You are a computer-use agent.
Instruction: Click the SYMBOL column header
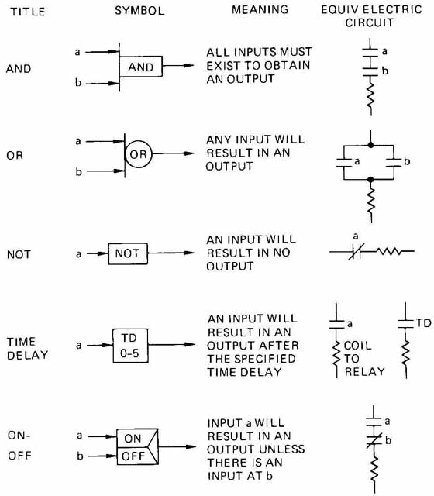click(139, 11)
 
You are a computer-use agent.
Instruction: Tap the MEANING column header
click(260, 9)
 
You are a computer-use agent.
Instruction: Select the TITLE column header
click(28, 12)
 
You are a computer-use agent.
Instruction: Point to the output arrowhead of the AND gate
click(189, 65)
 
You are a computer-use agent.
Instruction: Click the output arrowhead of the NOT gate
click(189, 253)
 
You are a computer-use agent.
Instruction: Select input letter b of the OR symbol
click(79, 171)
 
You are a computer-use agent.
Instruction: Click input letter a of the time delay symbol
click(78, 345)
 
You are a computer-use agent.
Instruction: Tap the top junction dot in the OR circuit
click(370, 145)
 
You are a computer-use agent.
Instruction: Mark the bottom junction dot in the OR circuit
click(370, 180)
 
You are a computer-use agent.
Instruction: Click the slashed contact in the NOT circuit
click(356, 251)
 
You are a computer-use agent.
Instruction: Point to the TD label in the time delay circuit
click(424, 323)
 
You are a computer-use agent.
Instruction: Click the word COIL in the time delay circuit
click(358, 346)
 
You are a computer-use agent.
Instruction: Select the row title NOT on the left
click(19, 254)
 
